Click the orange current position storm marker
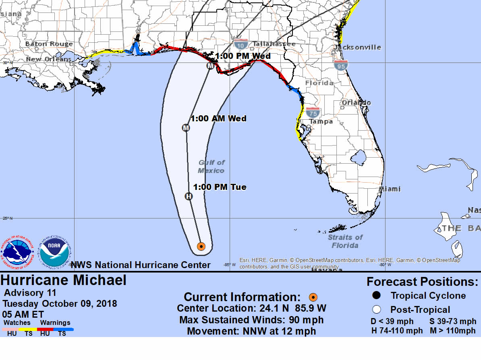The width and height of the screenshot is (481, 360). pyautogui.click(x=201, y=246)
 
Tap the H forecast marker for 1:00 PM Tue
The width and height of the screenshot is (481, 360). pyautogui.click(x=189, y=196)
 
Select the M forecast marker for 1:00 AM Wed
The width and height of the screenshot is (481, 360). pyautogui.click(x=186, y=128)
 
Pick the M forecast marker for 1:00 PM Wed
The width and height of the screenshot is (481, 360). pyautogui.click(x=210, y=66)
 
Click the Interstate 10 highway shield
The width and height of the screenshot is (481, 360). pyautogui.click(x=241, y=44)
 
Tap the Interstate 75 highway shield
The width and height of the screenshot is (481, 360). pyautogui.click(x=313, y=112)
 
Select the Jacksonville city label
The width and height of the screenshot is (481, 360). pyautogui.click(x=357, y=47)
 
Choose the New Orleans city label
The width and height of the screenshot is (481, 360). pyautogui.click(x=48, y=59)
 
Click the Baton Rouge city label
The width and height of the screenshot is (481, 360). pyautogui.click(x=49, y=44)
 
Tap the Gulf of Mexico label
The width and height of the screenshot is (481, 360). pyautogui.click(x=211, y=166)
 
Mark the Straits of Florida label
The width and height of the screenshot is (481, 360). pyautogui.click(x=345, y=241)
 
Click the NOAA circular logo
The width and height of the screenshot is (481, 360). pyautogui.click(x=55, y=252)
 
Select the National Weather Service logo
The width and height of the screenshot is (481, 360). pyautogui.click(x=17, y=252)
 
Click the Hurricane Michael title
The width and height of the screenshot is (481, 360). pyautogui.click(x=64, y=280)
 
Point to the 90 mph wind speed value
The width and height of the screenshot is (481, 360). pyautogui.click(x=306, y=320)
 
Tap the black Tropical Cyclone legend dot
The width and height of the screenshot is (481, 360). pyautogui.click(x=377, y=295)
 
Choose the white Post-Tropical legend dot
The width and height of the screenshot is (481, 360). pyautogui.click(x=377, y=310)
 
